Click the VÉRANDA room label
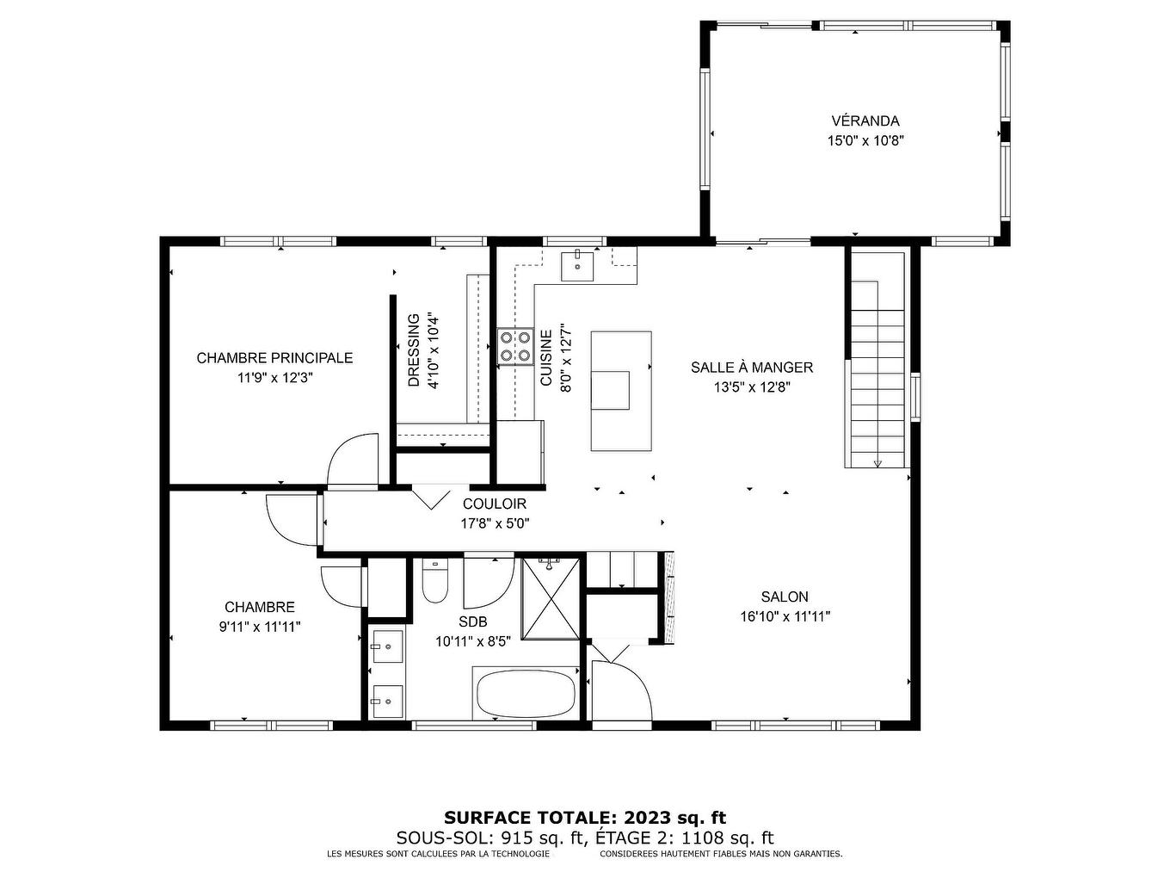tap(865, 121)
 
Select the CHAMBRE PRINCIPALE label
tap(274, 358)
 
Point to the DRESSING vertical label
tap(414, 350)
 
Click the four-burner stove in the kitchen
tap(514, 346)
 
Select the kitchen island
tap(620, 391)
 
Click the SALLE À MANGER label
tap(751, 368)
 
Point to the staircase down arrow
tap(877, 463)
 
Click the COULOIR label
tap(494, 504)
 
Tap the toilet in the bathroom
tap(435, 582)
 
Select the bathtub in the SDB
tap(525, 694)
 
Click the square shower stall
tap(551, 598)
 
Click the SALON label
tap(784, 597)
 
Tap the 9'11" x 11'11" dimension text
tap(260, 628)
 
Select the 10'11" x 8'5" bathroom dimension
tap(473, 641)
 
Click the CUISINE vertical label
tap(546, 358)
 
